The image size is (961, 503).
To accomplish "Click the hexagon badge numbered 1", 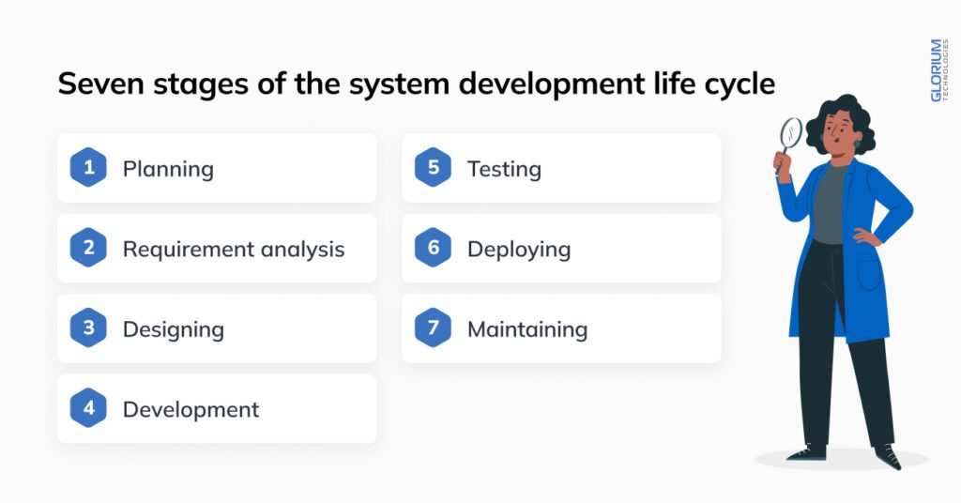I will (88, 169).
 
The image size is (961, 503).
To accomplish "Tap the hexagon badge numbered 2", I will (88, 249).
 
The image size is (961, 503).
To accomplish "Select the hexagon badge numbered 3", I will (88, 328).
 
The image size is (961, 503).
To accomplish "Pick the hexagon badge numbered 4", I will (88, 409).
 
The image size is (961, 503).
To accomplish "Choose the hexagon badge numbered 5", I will (433, 169).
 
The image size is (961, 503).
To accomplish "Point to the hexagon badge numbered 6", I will (433, 249).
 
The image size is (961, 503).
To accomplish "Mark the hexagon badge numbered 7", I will (433, 328).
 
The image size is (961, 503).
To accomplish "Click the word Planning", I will (168, 170).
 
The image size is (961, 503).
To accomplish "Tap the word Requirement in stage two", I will (176, 250).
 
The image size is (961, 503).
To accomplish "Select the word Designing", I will (173, 329).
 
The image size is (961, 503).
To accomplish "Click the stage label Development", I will (191, 410).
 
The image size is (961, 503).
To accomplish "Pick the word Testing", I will (504, 170).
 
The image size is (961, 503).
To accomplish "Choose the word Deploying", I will (518, 250).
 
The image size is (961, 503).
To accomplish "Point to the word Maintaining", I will (526, 329).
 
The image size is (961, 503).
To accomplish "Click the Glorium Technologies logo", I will (937, 70).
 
